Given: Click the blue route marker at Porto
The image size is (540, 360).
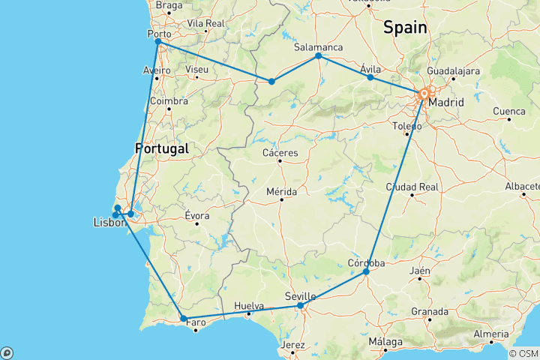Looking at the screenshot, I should tap(157, 41).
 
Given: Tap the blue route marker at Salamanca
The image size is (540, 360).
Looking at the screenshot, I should tap(319, 55).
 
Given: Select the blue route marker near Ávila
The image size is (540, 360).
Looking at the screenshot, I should tap(370, 77).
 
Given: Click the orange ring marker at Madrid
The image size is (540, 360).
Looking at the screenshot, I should tap(424, 94).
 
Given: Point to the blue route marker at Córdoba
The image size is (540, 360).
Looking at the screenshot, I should tap(366, 271).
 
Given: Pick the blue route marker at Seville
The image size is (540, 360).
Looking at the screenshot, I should tap(300, 305).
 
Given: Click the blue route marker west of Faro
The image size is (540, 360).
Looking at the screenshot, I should tap(184, 319).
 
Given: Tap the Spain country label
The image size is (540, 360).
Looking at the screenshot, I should tap(405, 28).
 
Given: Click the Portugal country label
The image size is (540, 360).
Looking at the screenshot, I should tap(161, 148).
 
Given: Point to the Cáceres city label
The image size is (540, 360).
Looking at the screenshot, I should tap(280, 153).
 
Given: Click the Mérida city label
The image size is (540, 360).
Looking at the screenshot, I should tap(280, 191).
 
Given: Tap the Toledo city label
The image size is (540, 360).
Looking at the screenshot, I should tap(407, 126).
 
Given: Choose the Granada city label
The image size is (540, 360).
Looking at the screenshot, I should tap(430, 311).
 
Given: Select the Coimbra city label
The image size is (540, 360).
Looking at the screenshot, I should tap(169, 100).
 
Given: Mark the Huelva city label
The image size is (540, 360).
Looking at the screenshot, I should tap(249, 306).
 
